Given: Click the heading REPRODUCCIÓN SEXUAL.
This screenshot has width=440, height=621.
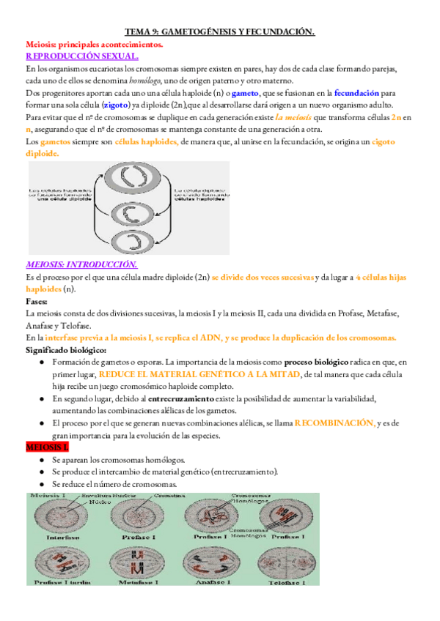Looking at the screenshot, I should [x=82, y=56].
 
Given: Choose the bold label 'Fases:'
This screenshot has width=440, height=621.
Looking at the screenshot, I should [x=37, y=301].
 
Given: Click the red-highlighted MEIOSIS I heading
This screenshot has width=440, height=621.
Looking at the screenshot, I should [x=47, y=447].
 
